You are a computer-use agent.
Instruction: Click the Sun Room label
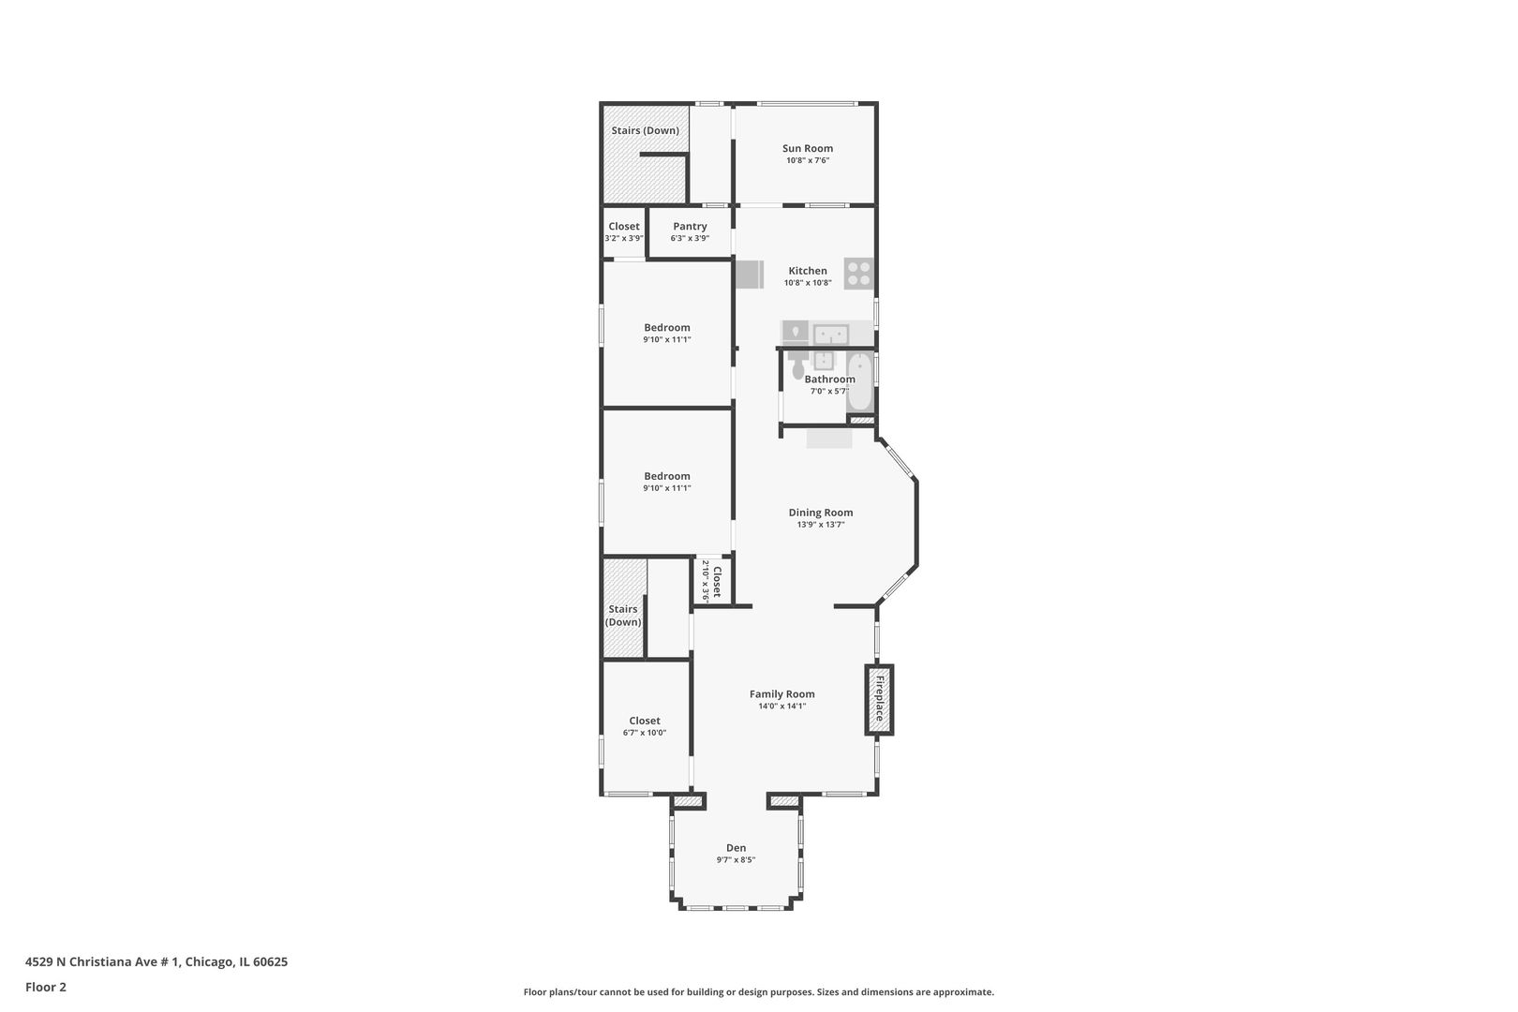pyautogui.click(x=807, y=148)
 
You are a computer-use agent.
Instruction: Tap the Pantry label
pyautogui.click(x=690, y=227)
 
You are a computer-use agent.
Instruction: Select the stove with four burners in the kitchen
pyautogui.click(x=858, y=274)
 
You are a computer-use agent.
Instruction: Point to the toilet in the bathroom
pyautogui.click(x=798, y=363)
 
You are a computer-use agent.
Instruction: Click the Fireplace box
pyautogui.click(x=879, y=700)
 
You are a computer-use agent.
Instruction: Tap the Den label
pyautogui.click(x=736, y=848)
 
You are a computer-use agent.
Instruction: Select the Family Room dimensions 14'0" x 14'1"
pyautogui.click(x=782, y=707)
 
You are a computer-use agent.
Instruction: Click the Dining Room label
pyautogui.click(x=821, y=513)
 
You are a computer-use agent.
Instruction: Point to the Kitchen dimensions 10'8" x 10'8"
pyautogui.click(x=808, y=283)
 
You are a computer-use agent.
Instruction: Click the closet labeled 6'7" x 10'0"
pyautogui.click(x=645, y=726)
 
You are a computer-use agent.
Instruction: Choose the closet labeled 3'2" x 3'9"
pyautogui.click(x=623, y=231)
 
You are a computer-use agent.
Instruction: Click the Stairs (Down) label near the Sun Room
pyautogui.click(x=645, y=130)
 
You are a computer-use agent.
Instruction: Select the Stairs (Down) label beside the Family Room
pyautogui.click(x=623, y=616)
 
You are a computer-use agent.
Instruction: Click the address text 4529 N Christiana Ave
pyautogui.click(x=102, y=961)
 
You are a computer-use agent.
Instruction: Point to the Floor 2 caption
pyautogui.click(x=46, y=987)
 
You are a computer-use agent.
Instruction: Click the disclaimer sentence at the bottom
pyautogui.click(x=758, y=991)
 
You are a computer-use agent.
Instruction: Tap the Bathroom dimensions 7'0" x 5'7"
pyautogui.click(x=829, y=391)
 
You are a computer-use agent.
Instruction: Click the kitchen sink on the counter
pyautogui.click(x=831, y=335)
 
